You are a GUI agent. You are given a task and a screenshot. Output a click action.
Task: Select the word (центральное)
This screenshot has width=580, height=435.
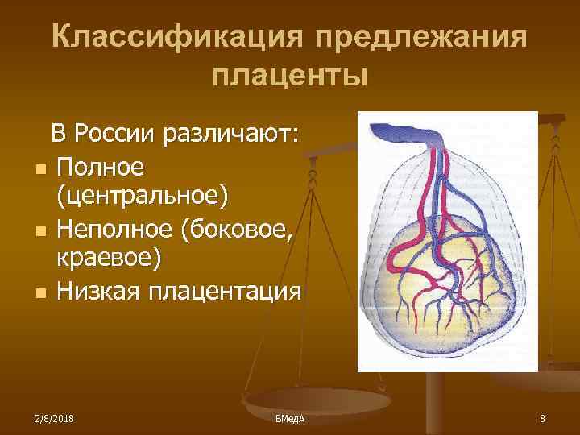point(142,197)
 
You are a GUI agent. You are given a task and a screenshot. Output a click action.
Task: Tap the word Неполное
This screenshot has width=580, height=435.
point(115,229)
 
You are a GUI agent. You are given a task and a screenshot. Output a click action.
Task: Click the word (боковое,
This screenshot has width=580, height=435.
point(241,229)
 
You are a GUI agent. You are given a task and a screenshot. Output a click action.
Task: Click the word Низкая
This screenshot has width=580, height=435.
point(103,291)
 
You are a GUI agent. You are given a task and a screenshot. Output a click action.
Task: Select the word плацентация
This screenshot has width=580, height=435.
point(230,291)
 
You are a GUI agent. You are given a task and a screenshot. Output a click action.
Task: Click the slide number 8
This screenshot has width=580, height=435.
point(542,419)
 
